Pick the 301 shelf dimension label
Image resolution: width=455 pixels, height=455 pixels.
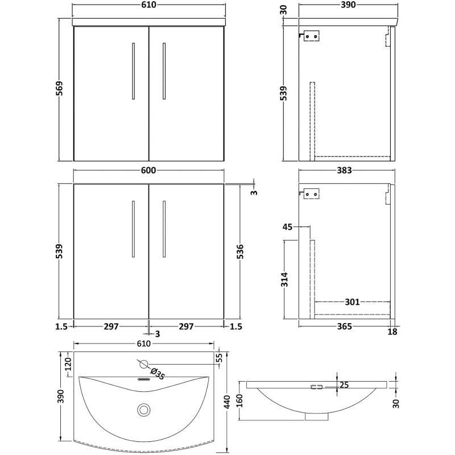pos(351,302)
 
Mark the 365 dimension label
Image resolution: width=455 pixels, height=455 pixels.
pos(344,326)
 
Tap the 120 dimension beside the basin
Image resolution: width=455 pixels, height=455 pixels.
pos(68,364)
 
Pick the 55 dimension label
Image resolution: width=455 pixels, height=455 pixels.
pos(220,357)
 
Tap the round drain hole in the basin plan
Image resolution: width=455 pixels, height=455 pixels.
pos(144,408)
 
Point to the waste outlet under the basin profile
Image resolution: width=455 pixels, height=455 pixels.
pos(317,416)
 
